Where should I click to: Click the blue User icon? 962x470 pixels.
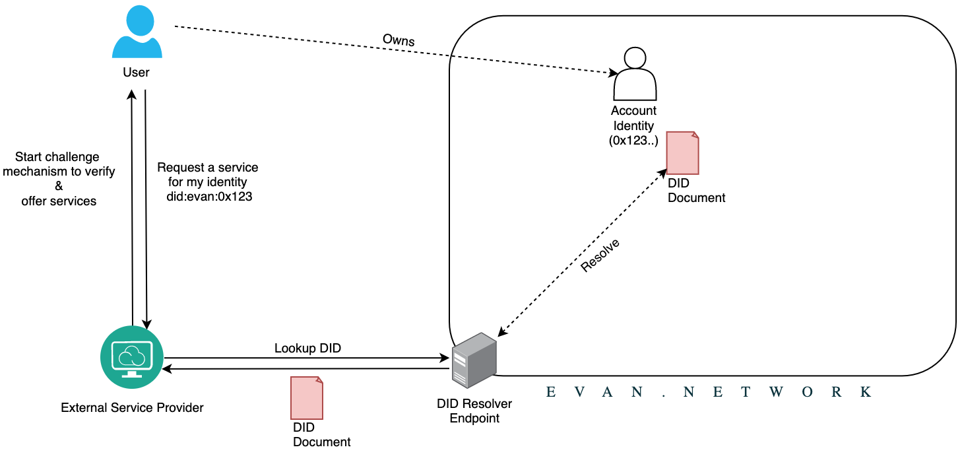pos(137,32)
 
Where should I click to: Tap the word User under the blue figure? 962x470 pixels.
pos(136,72)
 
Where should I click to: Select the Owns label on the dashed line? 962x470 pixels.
pos(399,40)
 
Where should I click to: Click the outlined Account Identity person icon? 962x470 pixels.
pos(635,73)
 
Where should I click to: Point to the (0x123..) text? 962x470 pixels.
pos(633,141)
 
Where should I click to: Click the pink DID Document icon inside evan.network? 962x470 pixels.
pos(682,153)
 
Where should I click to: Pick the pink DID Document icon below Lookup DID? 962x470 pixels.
pos(307,398)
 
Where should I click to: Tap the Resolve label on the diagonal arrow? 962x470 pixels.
pos(600,255)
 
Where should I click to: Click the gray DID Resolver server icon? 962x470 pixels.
pos(474,360)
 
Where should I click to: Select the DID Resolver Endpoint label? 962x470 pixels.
pos(474,411)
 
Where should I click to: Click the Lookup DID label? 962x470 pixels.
pos(307,348)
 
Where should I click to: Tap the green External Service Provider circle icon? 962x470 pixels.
pos(132,357)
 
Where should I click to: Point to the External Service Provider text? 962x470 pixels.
pos(132,407)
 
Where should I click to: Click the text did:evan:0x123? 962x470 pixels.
pos(209,196)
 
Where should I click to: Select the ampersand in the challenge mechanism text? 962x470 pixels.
pos(59,185)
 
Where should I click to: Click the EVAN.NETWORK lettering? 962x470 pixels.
pos(709,392)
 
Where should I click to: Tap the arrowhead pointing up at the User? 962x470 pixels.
pos(132,94)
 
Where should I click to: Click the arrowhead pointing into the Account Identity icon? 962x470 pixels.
pos(613,73)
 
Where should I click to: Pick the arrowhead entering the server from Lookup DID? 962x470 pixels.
pos(445,357)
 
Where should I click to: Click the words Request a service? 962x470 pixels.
pos(207,167)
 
